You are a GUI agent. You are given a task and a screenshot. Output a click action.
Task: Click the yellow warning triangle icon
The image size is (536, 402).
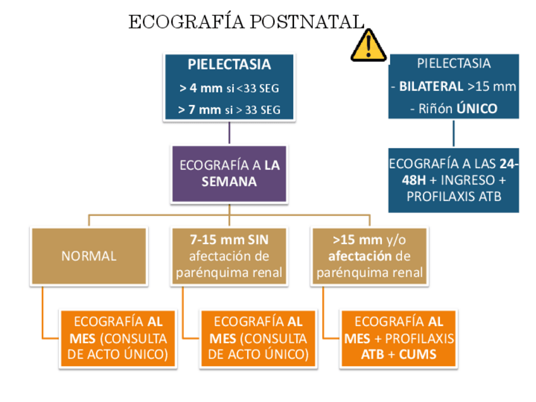coord(368,45)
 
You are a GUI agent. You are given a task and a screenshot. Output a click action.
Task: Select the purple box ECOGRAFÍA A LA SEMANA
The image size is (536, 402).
coord(229,173)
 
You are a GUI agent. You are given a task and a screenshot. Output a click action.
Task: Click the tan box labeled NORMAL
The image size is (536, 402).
coord(88,256)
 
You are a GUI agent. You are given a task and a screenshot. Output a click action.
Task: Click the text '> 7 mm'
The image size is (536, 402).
coord(200,110)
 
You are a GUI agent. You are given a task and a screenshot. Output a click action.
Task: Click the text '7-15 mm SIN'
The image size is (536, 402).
coord(229,240)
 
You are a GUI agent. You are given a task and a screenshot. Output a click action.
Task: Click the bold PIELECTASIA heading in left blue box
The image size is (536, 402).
coord(229,64)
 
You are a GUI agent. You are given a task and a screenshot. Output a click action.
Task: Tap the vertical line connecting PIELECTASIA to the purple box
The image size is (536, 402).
coord(229,133)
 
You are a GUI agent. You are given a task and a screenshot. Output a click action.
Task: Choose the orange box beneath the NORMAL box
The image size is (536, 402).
coord(117,338)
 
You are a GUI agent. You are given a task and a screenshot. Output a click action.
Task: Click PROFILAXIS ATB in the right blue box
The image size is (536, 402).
coord(453,196)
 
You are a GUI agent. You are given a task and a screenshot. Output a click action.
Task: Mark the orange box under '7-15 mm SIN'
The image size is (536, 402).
coord(257,338)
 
